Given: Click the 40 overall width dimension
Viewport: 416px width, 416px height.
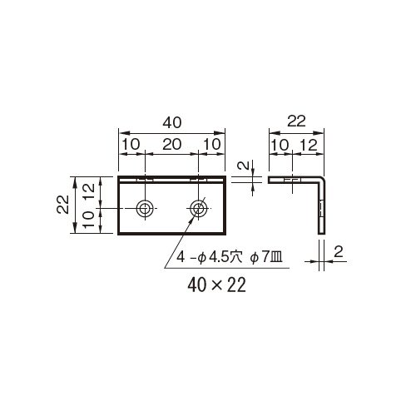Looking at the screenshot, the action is pyautogui.click(x=172, y=122).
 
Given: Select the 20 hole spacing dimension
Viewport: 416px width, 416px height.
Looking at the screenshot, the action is pyautogui.click(x=172, y=145).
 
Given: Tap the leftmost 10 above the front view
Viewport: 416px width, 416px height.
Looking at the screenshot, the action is pyautogui.click(x=131, y=145).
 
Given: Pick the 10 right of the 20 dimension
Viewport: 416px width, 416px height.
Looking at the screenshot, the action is pyautogui.click(x=212, y=145).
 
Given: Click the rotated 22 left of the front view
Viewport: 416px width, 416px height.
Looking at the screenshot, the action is pyautogui.click(x=63, y=204).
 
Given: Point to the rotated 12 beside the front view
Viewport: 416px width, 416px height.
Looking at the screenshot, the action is pyautogui.click(x=89, y=191).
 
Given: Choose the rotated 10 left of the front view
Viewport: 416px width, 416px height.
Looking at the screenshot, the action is pyautogui.click(x=89, y=220).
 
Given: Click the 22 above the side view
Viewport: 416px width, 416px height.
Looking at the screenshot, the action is pyautogui.click(x=296, y=121).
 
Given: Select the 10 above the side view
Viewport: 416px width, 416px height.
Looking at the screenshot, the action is pyautogui.click(x=280, y=145).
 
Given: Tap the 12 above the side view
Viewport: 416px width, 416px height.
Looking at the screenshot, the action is pyautogui.click(x=309, y=145).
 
